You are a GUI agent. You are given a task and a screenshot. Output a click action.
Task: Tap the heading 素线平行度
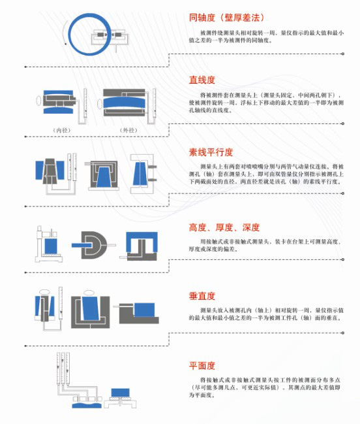(x=211, y=152)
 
